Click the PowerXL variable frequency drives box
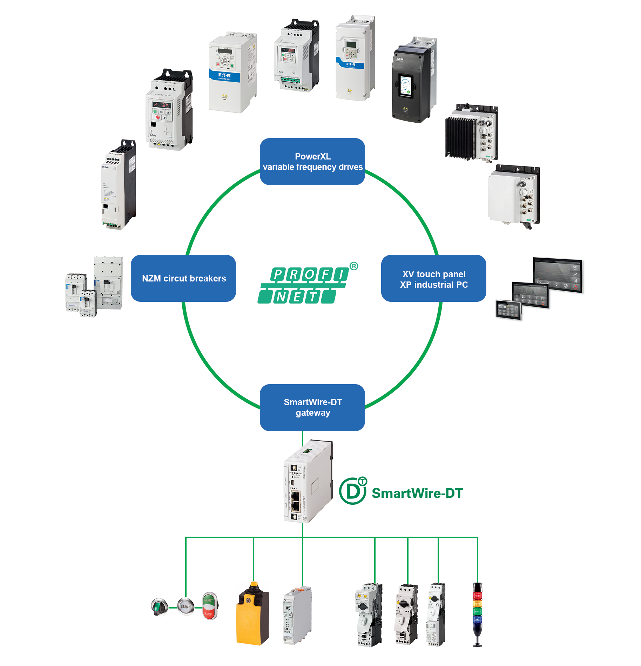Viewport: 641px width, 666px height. (312, 162)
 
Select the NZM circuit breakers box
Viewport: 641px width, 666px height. (183, 278)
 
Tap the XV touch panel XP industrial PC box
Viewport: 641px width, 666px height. (433, 278)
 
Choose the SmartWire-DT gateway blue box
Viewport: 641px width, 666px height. (312, 407)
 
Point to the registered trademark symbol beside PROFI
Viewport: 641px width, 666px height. (354, 266)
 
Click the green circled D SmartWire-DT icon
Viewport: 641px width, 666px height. (353, 491)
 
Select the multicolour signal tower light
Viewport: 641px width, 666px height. (477, 613)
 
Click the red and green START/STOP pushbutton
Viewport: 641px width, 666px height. (210, 606)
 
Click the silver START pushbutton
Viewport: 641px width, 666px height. (185, 607)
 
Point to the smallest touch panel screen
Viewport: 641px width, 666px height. (509, 310)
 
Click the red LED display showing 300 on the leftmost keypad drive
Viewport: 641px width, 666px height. (161, 105)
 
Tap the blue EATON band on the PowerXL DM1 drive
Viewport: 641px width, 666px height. (224, 76)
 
